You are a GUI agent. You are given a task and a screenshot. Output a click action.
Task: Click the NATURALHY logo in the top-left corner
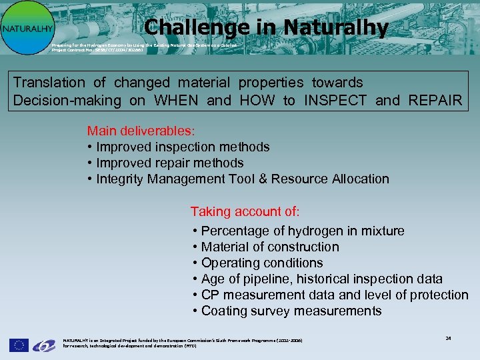coord(27,27)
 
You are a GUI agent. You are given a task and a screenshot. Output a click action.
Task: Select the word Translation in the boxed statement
coord(49,83)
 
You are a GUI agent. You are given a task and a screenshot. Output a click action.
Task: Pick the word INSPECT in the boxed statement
coord(335,101)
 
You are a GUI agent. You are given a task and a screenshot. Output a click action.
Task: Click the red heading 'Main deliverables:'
coord(141,131)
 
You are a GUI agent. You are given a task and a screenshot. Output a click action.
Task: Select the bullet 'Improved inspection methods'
coord(183,147)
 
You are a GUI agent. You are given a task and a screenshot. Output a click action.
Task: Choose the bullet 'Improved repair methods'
coord(170,163)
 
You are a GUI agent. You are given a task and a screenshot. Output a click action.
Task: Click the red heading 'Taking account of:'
coord(245,211)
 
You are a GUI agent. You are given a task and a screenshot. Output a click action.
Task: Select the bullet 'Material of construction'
coord(270,247)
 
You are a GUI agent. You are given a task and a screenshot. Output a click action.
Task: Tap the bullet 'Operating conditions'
coord(262,263)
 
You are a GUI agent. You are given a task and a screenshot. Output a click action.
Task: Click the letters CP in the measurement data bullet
coord(211,295)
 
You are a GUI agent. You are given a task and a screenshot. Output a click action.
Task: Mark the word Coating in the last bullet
coord(225,311)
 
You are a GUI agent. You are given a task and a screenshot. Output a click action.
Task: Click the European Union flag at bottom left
coord(18,345)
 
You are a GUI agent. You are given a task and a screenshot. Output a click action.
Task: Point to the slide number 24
coord(448,338)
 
